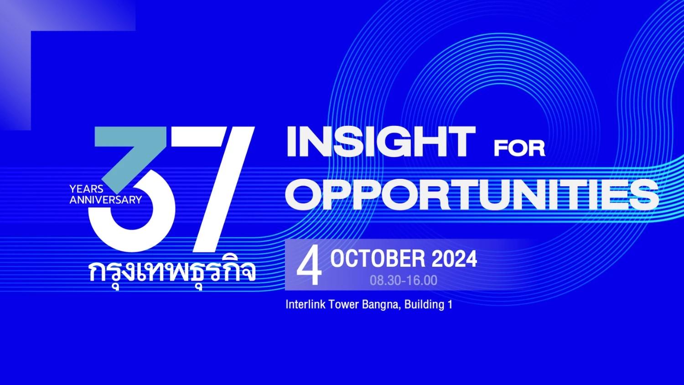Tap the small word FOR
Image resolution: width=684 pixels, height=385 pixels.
(x=519, y=148)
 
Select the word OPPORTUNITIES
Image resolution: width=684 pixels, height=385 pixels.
(x=472, y=194)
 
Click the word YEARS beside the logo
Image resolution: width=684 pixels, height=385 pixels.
(x=87, y=189)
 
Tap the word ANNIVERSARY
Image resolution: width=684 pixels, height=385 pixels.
(x=106, y=200)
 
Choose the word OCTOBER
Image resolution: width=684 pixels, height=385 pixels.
(x=378, y=259)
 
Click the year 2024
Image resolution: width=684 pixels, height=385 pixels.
(x=454, y=259)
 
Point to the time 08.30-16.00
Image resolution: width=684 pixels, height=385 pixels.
(x=404, y=281)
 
